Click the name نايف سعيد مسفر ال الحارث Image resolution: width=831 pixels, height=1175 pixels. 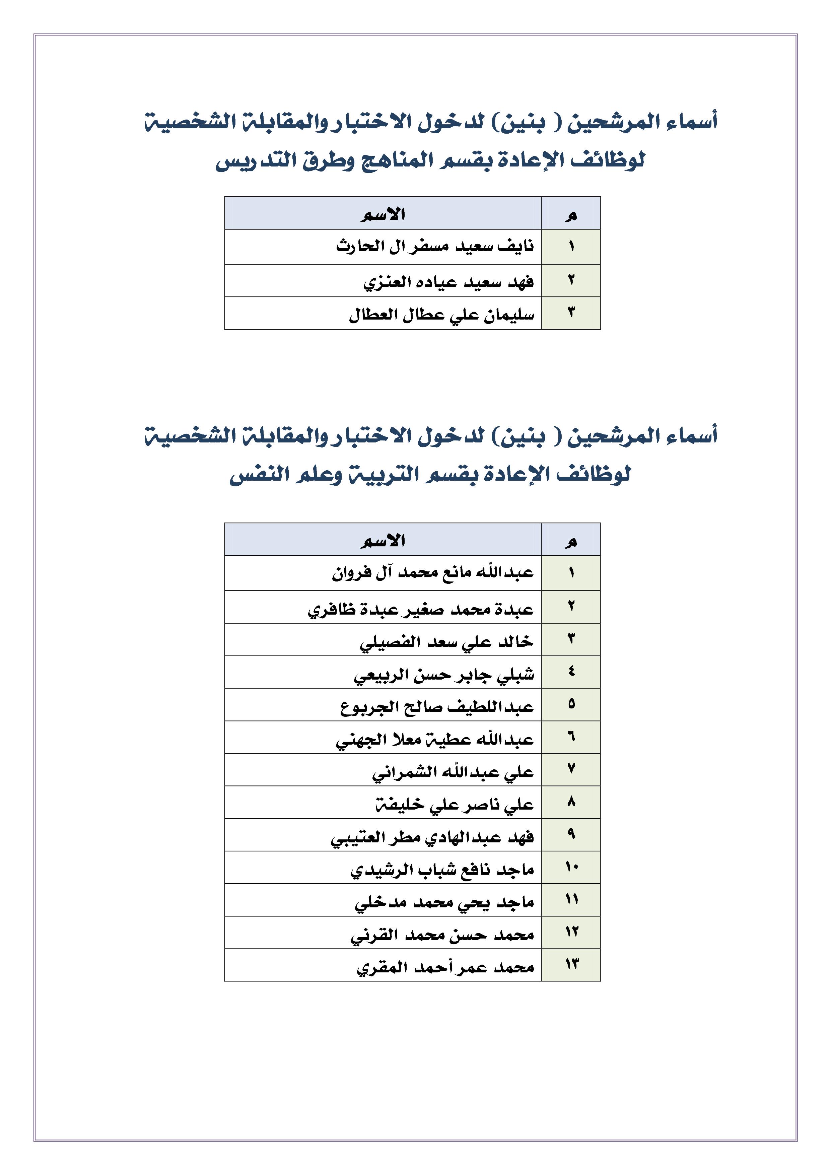click(435, 247)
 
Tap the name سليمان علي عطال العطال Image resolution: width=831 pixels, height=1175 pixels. click(441, 314)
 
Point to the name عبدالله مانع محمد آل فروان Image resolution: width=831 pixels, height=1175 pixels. click(433, 573)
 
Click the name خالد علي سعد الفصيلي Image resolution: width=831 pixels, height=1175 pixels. click(446, 641)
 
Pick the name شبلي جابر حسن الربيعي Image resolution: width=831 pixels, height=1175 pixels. click(444, 675)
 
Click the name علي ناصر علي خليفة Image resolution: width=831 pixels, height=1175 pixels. click(455, 804)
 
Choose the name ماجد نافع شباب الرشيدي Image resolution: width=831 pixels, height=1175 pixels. click(442, 870)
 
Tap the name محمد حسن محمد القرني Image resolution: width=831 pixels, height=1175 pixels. click(442, 935)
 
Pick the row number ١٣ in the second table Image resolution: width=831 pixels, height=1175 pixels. click(571, 965)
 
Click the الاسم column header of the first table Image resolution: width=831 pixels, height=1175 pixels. click(383, 214)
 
